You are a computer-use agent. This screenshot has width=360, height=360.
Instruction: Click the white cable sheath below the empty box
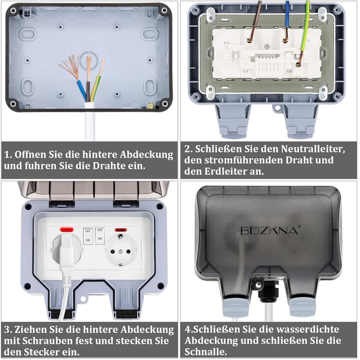[x=89, y=121]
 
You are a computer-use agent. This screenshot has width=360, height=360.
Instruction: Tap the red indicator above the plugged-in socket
[x=66, y=229]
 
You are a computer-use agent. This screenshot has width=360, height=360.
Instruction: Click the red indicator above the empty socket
[x=121, y=229]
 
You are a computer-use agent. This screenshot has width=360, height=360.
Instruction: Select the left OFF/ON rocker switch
[x=88, y=236]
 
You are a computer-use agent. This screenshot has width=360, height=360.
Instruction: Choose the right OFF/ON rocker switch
[x=100, y=236]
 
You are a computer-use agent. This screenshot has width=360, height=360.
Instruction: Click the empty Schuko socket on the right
[x=120, y=251]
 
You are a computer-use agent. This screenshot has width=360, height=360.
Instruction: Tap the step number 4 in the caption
[x=187, y=330]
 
